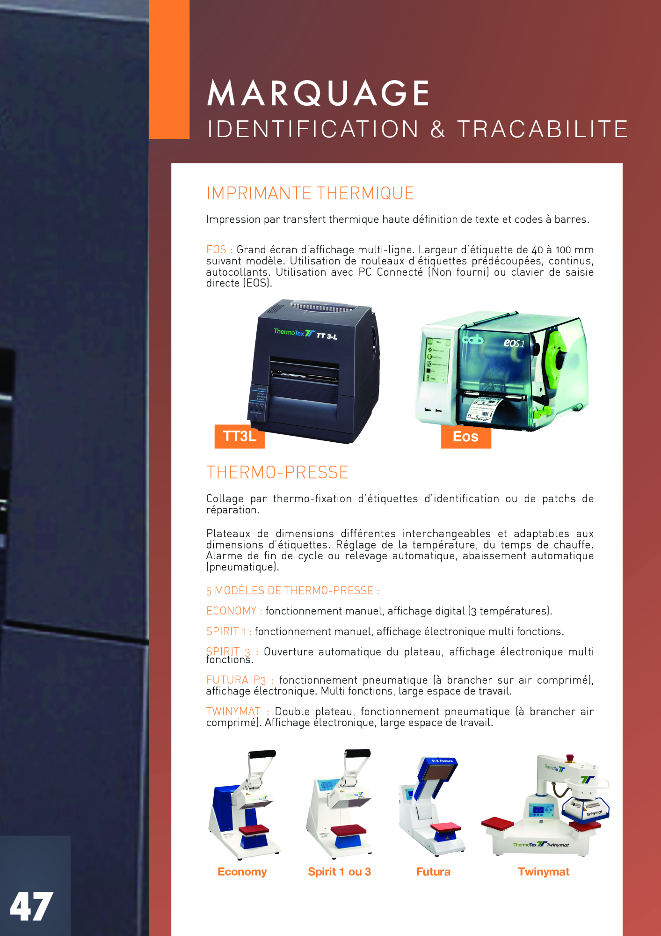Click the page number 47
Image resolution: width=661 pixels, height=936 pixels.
[31, 907]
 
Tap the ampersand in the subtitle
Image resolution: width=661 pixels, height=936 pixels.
[438, 129]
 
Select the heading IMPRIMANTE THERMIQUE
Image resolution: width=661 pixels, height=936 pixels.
[310, 193]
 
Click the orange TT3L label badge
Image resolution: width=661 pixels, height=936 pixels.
[240, 436]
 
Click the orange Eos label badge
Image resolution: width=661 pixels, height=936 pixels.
[466, 437]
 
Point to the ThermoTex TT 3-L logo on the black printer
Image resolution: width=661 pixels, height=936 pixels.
[305, 334]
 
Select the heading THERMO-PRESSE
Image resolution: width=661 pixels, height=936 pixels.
[277, 473]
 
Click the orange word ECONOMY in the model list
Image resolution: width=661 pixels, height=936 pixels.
[232, 611]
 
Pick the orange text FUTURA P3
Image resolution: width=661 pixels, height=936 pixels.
[236, 680]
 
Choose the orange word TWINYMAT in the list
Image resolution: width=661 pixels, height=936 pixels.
[233, 711]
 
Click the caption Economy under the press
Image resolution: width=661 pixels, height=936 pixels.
[242, 872]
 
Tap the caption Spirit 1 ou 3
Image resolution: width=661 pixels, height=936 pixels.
[340, 872]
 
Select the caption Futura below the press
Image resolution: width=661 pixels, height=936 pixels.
[434, 872]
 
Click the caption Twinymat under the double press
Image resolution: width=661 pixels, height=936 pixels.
[544, 872]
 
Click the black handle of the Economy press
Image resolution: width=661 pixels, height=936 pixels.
[262, 754]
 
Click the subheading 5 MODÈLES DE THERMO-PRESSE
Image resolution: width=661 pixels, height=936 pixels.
[293, 591]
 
